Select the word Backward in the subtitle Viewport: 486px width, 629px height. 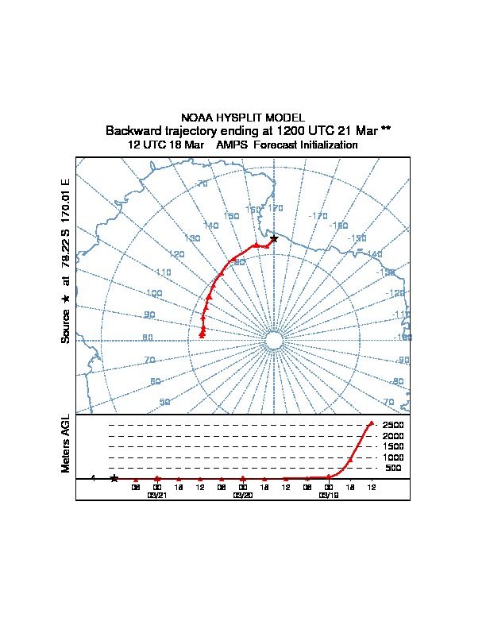tap(132, 130)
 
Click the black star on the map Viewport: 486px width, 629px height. tap(274, 238)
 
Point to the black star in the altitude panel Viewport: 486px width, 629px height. tap(114, 478)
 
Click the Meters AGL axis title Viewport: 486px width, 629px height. tap(67, 444)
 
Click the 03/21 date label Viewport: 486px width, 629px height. tap(157, 495)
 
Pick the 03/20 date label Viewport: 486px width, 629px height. tap(243, 495)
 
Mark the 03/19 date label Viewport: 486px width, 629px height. tap(328, 495)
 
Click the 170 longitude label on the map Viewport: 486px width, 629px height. tap(276, 208)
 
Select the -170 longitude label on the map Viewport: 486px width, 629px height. tap(318, 215)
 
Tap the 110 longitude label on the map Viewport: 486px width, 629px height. tap(164, 272)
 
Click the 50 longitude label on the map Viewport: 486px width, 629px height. tap(165, 402)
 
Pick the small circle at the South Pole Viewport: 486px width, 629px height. tap(274, 341)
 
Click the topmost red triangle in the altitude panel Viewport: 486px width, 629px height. tap(371, 423)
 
